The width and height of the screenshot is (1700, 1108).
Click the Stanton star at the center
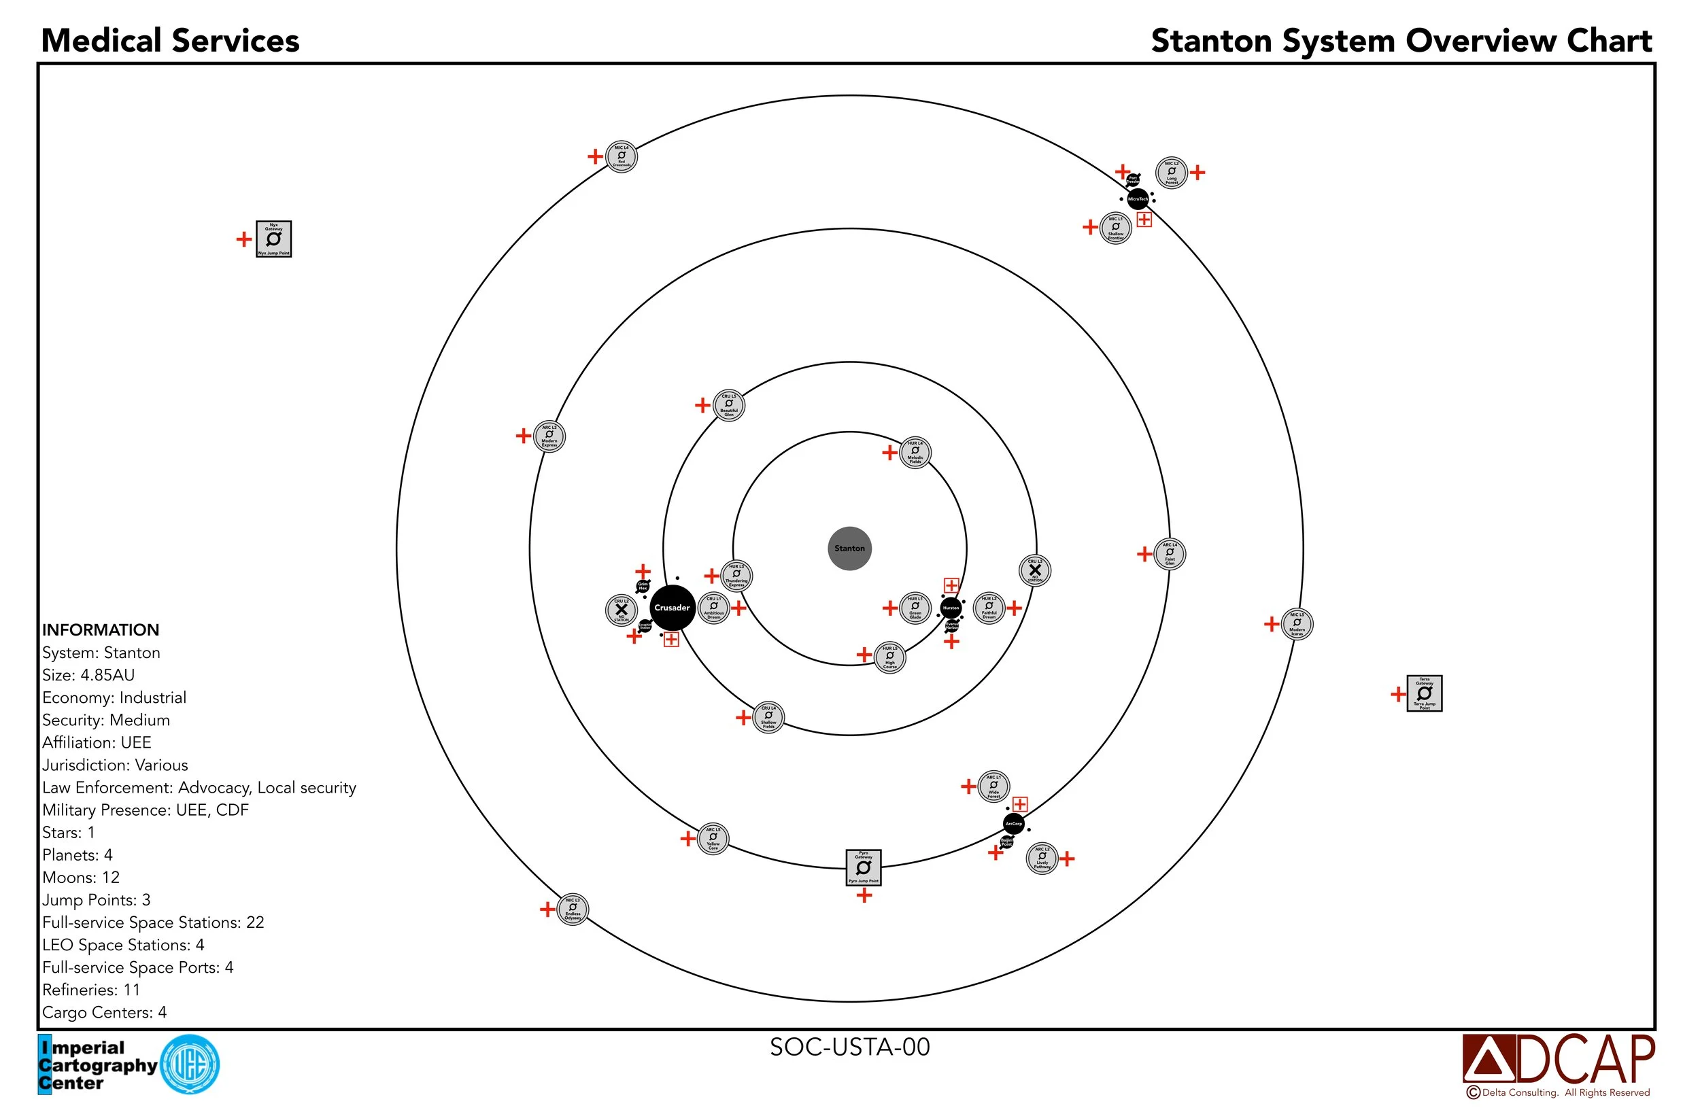(849, 549)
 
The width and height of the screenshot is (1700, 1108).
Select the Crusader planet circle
(671, 608)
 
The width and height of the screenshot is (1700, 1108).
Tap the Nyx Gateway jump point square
(273, 239)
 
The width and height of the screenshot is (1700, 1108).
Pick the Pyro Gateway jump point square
(863, 867)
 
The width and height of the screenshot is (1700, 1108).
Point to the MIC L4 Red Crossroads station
(621, 156)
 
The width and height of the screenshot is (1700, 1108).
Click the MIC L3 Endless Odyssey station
(572, 910)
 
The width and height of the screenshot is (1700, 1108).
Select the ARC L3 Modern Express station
(549, 436)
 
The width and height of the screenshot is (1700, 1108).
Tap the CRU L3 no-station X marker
(1034, 570)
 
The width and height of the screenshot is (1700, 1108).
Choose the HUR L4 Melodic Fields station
(915, 453)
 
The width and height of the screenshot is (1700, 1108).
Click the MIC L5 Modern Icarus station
(1297, 624)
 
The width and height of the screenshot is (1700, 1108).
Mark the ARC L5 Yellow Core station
(712, 838)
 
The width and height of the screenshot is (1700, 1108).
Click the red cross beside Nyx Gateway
(243, 239)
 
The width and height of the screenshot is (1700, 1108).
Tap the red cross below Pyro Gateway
(864, 895)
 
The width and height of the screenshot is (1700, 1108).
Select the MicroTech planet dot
(1137, 198)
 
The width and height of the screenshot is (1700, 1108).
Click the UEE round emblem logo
(190, 1064)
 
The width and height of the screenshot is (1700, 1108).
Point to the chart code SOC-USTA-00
(849, 1047)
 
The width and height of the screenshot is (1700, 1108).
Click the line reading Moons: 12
(81, 878)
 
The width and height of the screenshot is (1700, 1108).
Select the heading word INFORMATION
(100, 629)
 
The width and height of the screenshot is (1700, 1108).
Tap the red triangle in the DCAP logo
(1488, 1062)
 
